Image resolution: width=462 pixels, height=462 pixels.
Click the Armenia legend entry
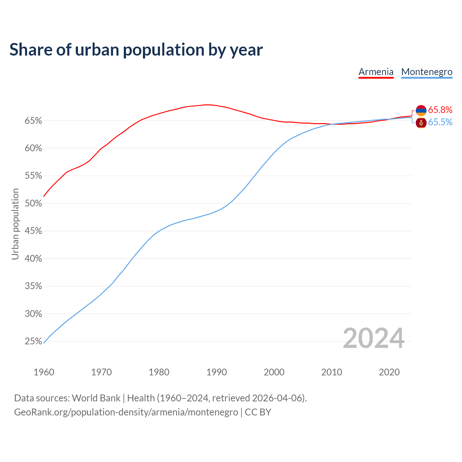(x=376, y=72)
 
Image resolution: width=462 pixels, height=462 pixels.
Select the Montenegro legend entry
(x=427, y=72)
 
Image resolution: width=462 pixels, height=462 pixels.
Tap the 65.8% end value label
(x=440, y=110)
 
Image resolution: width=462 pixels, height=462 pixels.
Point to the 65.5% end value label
(x=440, y=122)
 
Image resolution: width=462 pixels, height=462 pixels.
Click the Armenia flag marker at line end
(x=421, y=110)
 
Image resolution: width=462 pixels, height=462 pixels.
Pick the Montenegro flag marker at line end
(x=421, y=123)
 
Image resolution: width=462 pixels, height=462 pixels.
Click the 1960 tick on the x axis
(x=44, y=372)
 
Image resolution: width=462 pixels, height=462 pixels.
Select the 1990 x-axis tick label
(x=217, y=372)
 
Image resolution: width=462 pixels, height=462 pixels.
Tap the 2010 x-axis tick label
(x=332, y=372)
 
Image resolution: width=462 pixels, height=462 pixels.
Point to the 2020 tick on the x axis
(x=389, y=372)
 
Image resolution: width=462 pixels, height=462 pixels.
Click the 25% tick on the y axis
(x=34, y=341)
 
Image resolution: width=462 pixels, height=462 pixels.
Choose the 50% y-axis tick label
(x=34, y=204)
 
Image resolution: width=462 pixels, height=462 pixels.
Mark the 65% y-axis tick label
(x=34, y=121)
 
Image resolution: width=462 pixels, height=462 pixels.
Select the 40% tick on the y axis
(x=34, y=259)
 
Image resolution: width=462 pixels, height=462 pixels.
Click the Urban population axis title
(x=15, y=224)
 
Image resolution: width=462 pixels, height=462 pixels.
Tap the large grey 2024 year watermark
(x=374, y=338)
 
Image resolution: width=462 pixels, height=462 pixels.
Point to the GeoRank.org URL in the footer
(x=126, y=412)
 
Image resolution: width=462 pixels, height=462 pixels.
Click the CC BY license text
(x=258, y=412)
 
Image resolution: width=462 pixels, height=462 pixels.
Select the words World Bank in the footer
(x=96, y=398)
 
